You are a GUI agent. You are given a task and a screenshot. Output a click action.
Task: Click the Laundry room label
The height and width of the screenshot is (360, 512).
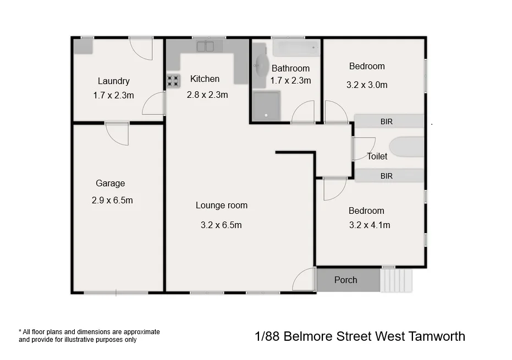coord(113,81)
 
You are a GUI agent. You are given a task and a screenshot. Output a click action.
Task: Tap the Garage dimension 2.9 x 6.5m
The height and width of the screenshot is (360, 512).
coord(112,200)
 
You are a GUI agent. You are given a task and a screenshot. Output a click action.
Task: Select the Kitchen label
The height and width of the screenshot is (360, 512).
coord(205,79)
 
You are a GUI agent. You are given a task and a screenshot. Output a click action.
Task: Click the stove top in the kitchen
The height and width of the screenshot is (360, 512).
coord(173,81)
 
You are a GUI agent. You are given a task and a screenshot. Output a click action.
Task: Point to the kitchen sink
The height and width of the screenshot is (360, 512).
coord(205,46)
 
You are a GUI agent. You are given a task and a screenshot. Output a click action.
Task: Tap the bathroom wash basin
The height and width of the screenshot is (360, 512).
coord(260,67)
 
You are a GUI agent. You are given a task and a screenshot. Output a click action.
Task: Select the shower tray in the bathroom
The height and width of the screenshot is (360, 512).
coord(266,106)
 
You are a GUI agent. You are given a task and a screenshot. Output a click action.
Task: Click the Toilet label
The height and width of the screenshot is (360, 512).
coord(377,156)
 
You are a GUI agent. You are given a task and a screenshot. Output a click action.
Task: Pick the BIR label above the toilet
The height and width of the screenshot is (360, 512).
coord(387,121)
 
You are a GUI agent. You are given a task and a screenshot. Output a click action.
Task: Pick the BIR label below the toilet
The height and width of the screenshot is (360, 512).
coord(387,176)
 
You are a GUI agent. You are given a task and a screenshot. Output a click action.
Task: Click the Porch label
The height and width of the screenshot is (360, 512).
coord(345,280)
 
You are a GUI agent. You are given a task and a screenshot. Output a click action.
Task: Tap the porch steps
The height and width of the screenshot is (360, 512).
coord(395,280)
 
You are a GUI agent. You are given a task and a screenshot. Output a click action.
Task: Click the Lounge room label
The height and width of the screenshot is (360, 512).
coord(222,205)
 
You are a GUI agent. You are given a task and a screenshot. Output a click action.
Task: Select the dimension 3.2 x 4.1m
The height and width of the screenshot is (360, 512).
coord(370,225)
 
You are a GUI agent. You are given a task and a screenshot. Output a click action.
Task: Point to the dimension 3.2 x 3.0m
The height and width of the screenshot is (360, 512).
coord(367,85)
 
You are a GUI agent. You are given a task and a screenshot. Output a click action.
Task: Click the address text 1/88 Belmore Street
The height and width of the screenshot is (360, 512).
coord(360,336)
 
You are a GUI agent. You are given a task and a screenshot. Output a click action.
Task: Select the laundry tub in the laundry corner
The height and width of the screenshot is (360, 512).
coord(84,46)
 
